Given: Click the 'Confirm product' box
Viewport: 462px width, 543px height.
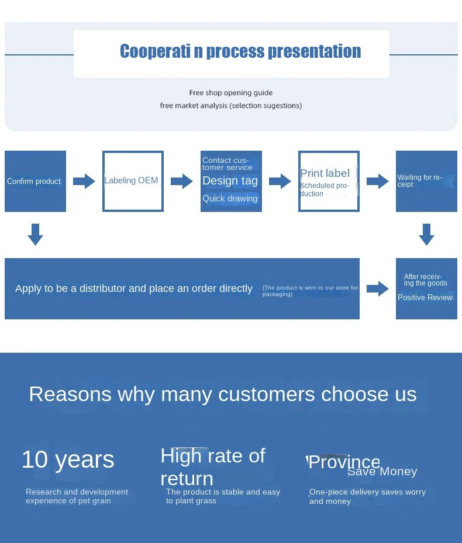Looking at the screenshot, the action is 35,181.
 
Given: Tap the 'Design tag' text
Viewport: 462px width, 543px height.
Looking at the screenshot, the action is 230,181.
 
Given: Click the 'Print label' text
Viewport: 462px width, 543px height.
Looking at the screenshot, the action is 325,173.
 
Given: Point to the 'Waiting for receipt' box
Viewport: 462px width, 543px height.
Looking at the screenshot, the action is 427,181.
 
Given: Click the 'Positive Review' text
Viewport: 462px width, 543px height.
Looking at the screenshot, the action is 425,297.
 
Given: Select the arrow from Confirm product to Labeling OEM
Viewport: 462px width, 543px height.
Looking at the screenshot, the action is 84,181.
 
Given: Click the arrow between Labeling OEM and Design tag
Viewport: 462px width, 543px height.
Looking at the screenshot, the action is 182,181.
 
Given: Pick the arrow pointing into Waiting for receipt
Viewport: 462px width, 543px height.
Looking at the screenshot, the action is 378,181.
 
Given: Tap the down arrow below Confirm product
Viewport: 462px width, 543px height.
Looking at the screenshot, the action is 35,235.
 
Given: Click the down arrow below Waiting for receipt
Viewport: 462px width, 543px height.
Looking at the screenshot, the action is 427,235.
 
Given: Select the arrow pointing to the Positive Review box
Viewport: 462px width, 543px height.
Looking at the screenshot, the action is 378,288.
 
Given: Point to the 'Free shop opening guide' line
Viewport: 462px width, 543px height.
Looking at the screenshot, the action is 230,93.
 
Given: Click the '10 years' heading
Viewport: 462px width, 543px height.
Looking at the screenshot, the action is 68,460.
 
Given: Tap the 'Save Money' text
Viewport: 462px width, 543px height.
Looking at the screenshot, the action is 382,471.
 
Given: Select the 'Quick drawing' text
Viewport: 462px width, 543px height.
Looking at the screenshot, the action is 230,199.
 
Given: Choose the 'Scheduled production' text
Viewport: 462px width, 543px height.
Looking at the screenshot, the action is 325,189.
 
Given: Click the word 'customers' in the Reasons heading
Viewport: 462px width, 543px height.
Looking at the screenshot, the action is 267,395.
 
